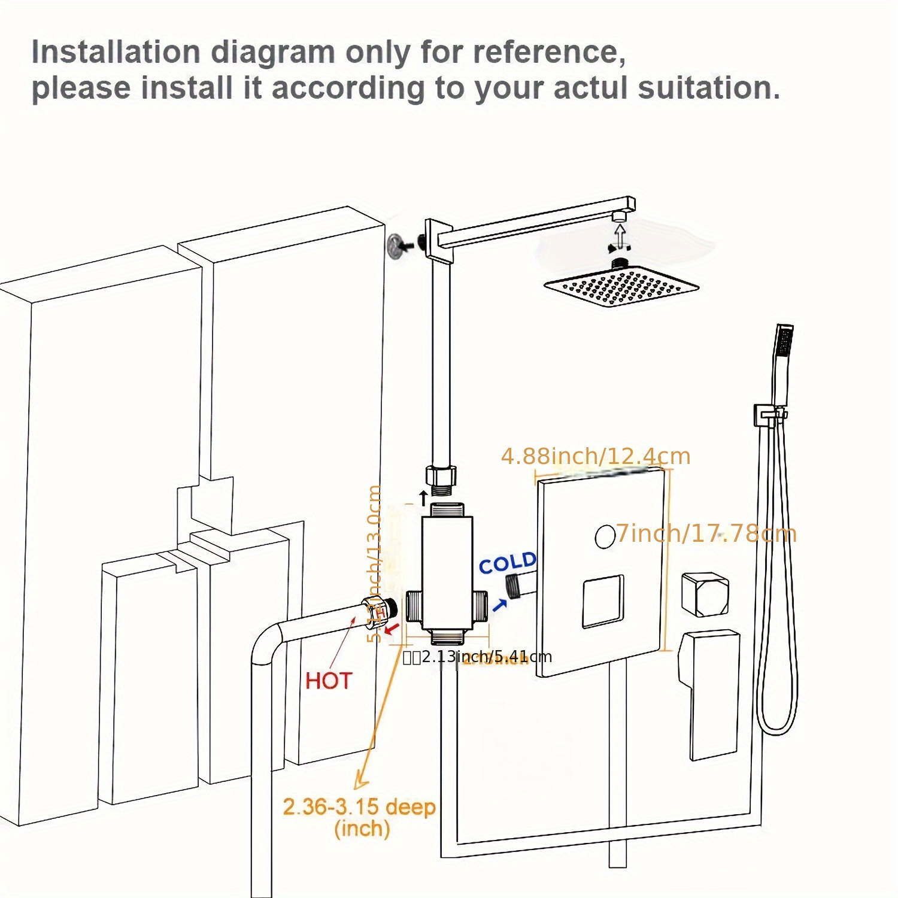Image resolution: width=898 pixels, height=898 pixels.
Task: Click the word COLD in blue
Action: [x=506, y=563]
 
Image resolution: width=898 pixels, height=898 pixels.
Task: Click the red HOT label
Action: [x=328, y=681]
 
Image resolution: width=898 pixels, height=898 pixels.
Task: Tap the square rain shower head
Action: [x=621, y=288]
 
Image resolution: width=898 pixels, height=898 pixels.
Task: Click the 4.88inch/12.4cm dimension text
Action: [x=596, y=457]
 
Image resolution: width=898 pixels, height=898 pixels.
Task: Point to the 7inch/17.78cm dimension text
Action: [x=706, y=533]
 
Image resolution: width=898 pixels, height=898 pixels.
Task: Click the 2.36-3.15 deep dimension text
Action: [x=359, y=807]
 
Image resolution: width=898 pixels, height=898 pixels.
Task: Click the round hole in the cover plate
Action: [x=605, y=536]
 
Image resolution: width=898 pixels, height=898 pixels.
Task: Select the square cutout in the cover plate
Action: [x=603, y=601]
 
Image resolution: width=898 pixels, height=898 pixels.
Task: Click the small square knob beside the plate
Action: [x=705, y=594]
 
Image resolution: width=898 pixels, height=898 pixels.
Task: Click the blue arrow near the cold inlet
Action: [x=499, y=605]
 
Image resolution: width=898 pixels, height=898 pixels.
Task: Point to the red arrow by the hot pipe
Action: [x=392, y=629]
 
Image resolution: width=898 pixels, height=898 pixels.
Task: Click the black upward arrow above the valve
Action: [x=423, y=497]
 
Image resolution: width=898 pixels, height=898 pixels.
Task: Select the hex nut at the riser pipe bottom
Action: [x=441, y=477]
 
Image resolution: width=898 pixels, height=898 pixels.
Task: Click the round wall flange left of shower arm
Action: [x=395, y=244]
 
